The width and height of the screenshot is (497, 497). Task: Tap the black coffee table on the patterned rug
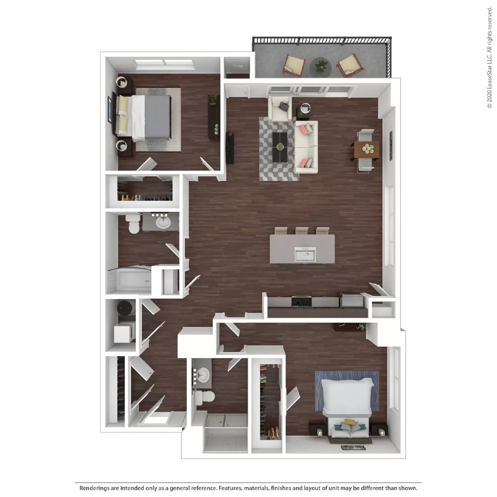[280, 147]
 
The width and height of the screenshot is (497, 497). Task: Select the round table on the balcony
[320, 66]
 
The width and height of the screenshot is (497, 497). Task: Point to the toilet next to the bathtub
[134, 224]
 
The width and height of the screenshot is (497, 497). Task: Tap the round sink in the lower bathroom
[203, 375]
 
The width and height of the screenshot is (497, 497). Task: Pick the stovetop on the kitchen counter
[301, 301]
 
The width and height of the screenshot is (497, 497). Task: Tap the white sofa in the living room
[306, 147]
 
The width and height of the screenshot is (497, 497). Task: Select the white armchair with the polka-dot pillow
[280, 108]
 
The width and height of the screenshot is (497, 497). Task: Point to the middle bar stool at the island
[302, 231]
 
